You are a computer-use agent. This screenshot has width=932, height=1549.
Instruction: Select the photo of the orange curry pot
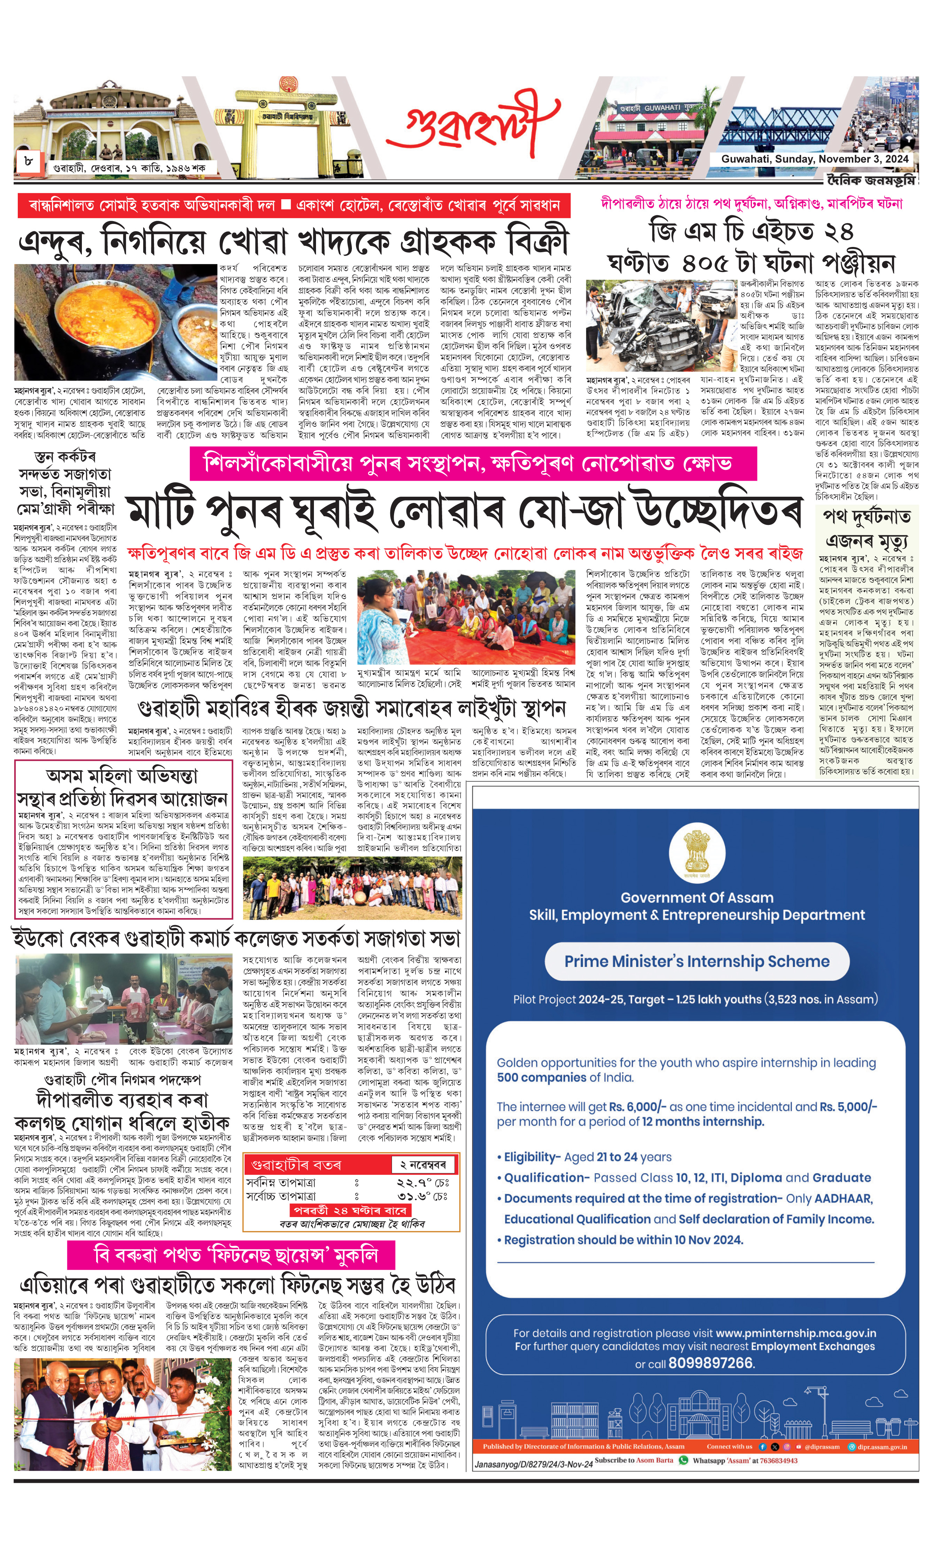(115, 322)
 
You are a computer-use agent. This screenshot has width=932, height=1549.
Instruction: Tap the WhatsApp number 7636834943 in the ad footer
(779, 1461)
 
